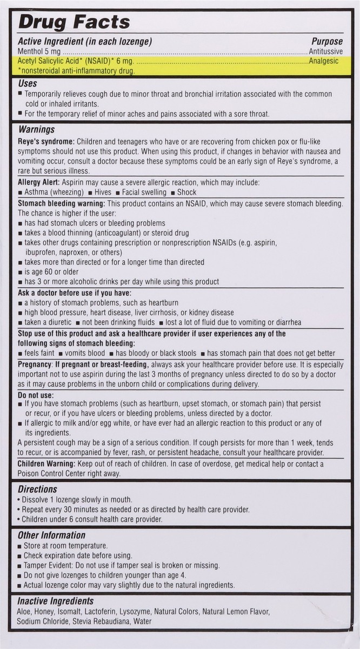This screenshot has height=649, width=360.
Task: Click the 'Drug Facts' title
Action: pos(75,22)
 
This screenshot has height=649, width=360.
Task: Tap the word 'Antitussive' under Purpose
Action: pos(323,51)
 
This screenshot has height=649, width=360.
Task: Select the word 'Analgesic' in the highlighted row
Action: pos(324,61)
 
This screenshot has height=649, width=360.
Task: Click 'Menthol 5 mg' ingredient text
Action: pos(40,51)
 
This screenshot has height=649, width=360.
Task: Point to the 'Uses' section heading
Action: pos(28,84)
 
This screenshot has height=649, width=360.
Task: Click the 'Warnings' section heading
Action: pos(36,130)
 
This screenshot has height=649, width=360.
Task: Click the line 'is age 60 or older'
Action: pos(51,271)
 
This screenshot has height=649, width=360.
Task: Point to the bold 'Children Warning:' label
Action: pos(46,463)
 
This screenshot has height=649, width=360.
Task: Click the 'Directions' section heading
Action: pos(37,489)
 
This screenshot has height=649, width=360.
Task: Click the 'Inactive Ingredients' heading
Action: pos(56,601)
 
